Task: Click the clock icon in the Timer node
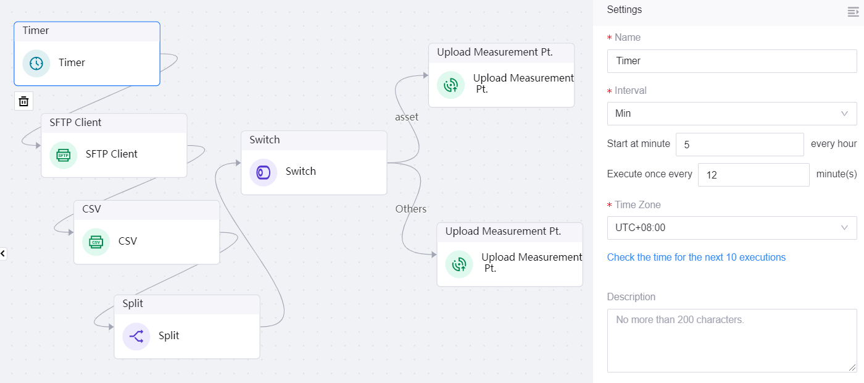point(36,63)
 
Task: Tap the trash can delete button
point(23,101)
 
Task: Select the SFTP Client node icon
point(63,154)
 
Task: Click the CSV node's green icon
point(96,242)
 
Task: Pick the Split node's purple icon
point(136,336)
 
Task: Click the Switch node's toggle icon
point(264,172)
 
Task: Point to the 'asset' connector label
point(407,117)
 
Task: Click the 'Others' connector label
point(411,209)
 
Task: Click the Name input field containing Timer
point(731,61)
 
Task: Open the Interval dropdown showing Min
point(731,114)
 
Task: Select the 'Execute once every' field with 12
point(753,175)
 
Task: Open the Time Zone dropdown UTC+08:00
point(731,228)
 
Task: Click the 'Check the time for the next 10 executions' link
point(696,258)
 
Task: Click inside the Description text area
point(731,340)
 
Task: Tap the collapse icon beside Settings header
point(854,11)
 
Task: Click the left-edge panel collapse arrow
point(3,253)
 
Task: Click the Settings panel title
point(624,10)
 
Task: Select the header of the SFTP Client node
point(114,123)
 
